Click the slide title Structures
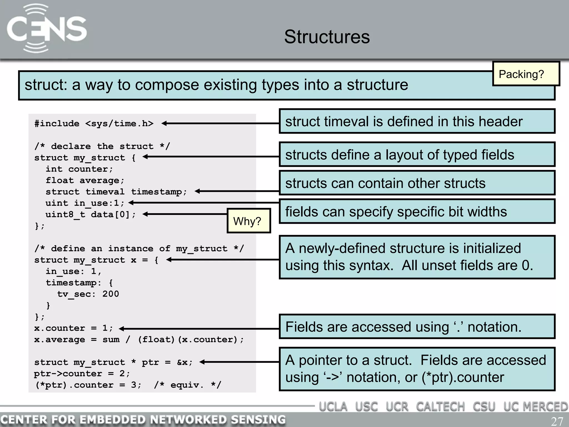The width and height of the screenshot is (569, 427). [327, 37]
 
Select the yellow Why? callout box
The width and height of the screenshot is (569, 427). [248, 221]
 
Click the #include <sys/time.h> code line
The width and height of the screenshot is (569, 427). [94, 123]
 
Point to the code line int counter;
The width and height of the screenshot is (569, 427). [79, 169]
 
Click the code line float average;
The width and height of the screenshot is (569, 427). [85, 180]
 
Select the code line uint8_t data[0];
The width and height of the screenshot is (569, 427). [91, 215]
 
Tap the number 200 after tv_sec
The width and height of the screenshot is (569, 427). [111, 294]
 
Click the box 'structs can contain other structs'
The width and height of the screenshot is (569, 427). [417, 183]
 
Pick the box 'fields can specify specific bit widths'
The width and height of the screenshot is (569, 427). [417, 212]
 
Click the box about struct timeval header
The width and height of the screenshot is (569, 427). [417, 121]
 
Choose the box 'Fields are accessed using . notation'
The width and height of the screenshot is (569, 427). [417, 327]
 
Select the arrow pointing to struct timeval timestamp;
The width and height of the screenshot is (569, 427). [236, 191]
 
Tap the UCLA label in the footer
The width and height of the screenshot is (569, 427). [333, 407]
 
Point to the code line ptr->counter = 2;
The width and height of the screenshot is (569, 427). [82, 373]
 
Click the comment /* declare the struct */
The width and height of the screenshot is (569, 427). [102, 146]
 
